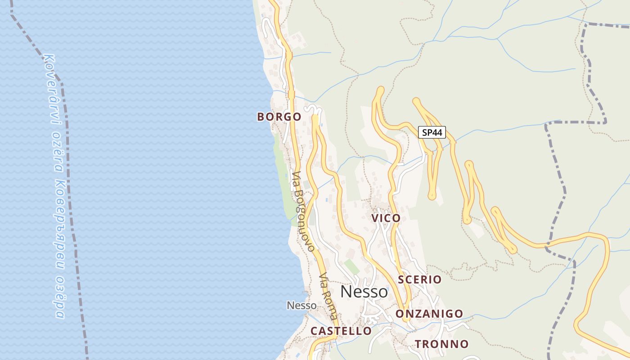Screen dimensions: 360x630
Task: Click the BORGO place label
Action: click(279, 117)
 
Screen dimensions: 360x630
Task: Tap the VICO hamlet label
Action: click(386, 218)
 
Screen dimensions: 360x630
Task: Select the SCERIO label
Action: click(419, 279)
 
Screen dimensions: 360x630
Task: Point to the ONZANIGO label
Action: click(429, 314)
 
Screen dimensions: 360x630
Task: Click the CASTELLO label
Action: click(341, 331)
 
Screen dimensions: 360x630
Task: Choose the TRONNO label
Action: click(441, 344)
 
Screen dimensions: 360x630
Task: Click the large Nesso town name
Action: click(364, 292)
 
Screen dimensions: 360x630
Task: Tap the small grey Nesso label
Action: click(301, 306)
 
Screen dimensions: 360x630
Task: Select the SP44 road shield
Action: click(432, 132)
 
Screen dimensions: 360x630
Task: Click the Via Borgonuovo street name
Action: click(303, 211)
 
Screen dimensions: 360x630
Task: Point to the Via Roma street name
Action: click(328, 295)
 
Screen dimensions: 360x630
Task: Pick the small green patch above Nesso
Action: click(351, 266)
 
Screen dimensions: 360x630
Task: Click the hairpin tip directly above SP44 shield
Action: click(416, 101)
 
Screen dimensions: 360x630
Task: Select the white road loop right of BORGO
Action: click(314, 109)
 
